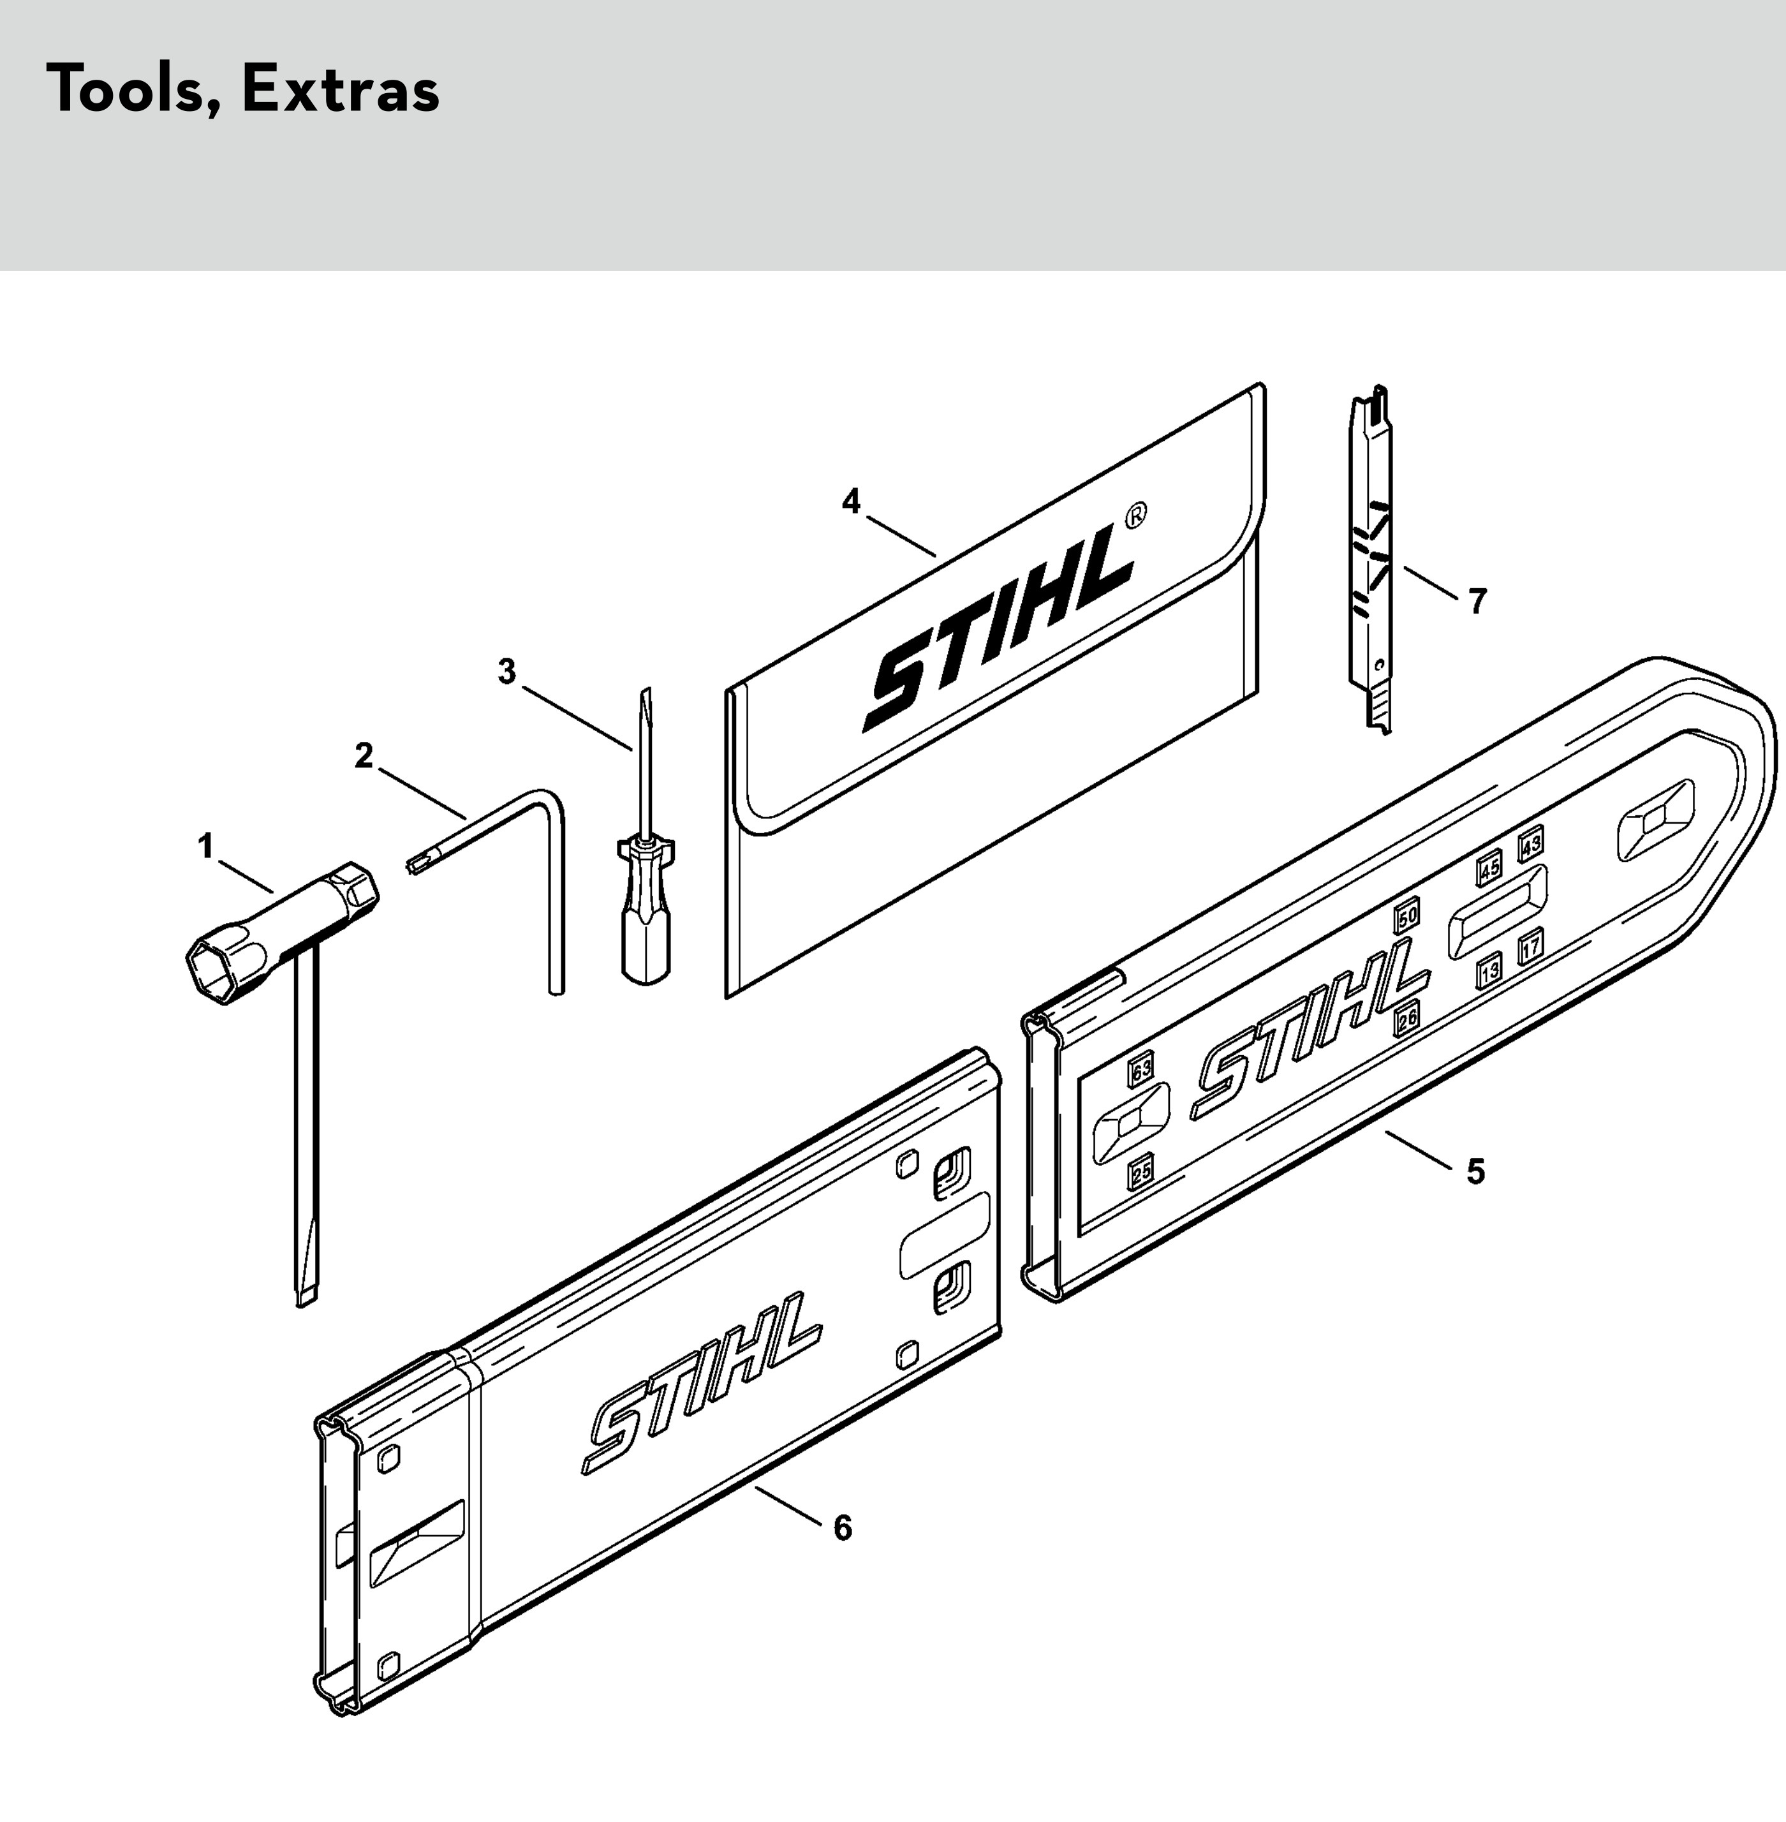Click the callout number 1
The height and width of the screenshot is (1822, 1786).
point(205,847)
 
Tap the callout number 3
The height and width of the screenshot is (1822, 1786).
point(506,672)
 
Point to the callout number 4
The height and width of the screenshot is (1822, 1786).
point(851,502)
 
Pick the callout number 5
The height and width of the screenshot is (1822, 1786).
point(1475,1172)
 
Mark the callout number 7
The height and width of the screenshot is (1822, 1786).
point(1477,602)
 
